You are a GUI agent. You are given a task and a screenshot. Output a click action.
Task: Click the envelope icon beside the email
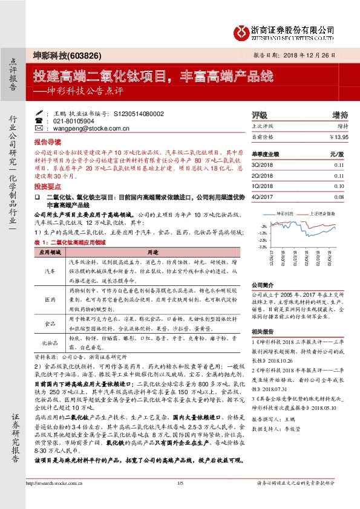(39, 128)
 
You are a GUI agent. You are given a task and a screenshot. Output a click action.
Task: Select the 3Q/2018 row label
(261, 164)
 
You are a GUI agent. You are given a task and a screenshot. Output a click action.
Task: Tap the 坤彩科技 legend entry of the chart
(283, 213)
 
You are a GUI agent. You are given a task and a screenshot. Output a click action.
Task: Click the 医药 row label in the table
(50, 299)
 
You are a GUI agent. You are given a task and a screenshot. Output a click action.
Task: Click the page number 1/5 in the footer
(180, 499)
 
